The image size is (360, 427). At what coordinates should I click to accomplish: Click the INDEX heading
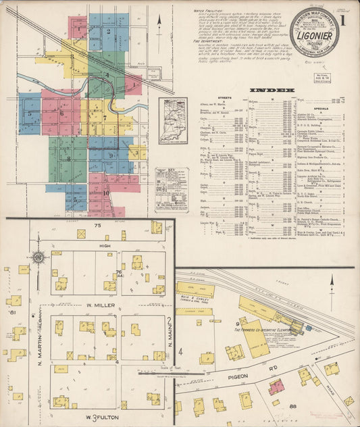pos(271,89)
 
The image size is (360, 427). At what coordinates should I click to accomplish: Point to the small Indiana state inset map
pos(173,120)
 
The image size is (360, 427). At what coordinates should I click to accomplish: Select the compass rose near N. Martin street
pos(39,257)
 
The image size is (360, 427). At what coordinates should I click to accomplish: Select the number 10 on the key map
pos(107,193)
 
